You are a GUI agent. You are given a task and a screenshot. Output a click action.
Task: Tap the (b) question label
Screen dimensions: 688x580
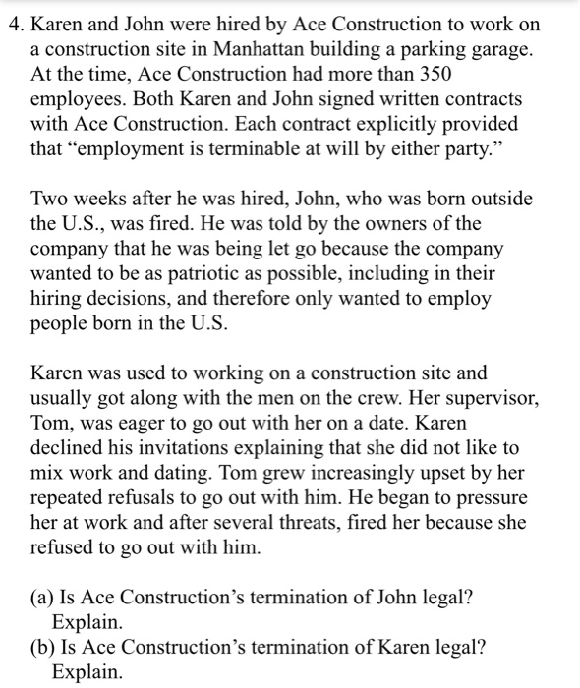coord(44,649)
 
